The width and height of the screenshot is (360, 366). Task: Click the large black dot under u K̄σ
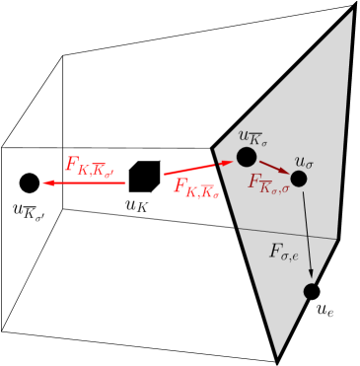[x=247, y=157]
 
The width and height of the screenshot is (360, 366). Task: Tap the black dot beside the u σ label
[x=299, y=179]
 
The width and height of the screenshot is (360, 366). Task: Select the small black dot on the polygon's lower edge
[x=311, y=291]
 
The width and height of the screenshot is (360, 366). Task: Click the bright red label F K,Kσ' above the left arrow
[x=90, y=166]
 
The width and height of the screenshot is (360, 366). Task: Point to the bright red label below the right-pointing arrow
[x=195, y=187]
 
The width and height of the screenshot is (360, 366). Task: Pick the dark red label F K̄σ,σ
[x=268, y=183]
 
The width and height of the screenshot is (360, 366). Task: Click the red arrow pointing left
[x=84, y=183]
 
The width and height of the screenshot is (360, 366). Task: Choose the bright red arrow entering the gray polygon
[x=197, y=169]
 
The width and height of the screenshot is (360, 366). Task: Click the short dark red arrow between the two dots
[x=274, y=168]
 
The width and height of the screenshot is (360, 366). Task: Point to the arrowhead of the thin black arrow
[x=312, y=273]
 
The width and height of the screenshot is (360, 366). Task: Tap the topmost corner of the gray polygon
[x=352, y=11]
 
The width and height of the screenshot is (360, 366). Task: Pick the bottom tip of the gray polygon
[x=277, y=355]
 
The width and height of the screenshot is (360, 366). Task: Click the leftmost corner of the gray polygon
[x=215, y=150]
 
